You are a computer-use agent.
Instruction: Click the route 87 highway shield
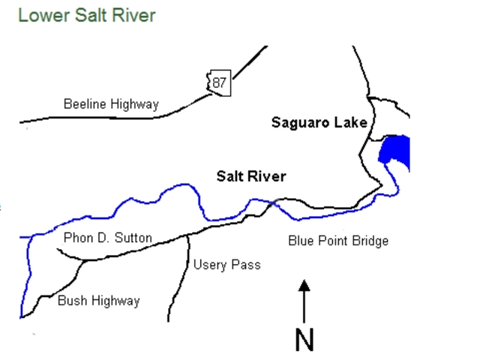pos(218,82)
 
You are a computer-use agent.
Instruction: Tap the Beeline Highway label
pos(111,104)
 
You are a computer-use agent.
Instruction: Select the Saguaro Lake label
pos(319,122)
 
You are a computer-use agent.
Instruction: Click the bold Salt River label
pos(251,176)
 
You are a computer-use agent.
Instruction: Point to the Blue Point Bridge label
pos(338,241)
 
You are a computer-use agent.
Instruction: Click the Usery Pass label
pos(226,265)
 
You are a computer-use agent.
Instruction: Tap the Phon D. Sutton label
pos(108,238)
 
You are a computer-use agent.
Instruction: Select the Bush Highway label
pos(98,301)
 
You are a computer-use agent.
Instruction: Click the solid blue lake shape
pos(394,153)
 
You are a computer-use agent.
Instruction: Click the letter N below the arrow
pos(304,339)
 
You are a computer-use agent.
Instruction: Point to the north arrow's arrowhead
pos(304,286)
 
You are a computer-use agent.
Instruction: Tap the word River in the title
pos(134,15)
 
